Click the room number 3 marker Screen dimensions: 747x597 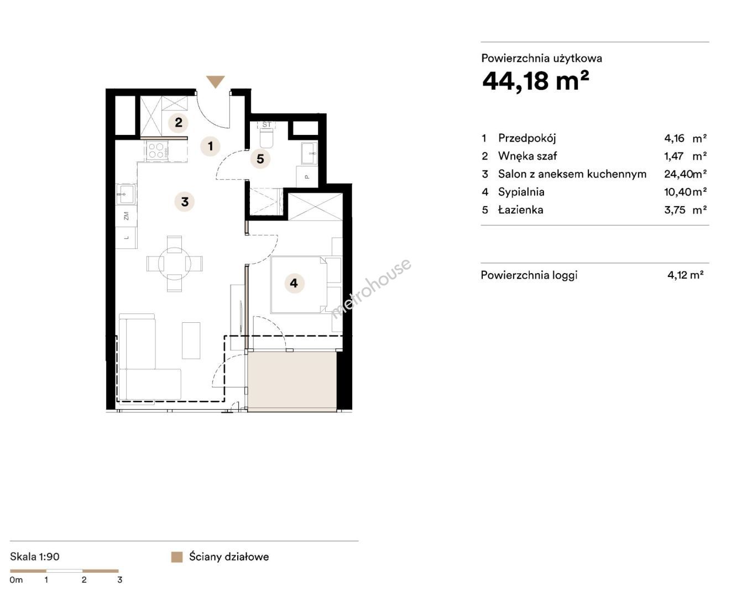pos(185,202)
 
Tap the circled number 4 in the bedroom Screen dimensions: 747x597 pos(294,283)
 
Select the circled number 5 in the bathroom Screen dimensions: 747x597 pos(260,159)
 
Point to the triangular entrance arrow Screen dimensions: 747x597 pos(216,82)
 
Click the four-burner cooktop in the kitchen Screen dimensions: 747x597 pos(158,151)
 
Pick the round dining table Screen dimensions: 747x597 pos(175,264)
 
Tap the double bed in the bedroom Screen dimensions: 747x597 pos(299,285)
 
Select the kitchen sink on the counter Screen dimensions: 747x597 pos(126,195)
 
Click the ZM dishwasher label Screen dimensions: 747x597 pos(127,216)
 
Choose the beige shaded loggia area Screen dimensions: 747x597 pos(292,381)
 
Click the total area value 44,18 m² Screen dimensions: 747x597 pos(536,81)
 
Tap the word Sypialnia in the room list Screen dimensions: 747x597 pos(521,192)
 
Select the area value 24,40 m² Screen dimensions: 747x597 pos(685,174)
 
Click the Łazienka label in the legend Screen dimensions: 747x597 pos(521,210)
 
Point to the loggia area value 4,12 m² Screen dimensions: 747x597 pos(685,275)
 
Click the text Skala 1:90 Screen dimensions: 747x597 pos(35,557)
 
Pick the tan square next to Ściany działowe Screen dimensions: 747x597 pos(177,557)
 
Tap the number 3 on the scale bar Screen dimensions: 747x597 pos(120,580)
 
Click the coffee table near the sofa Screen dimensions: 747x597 pos(191,340)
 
